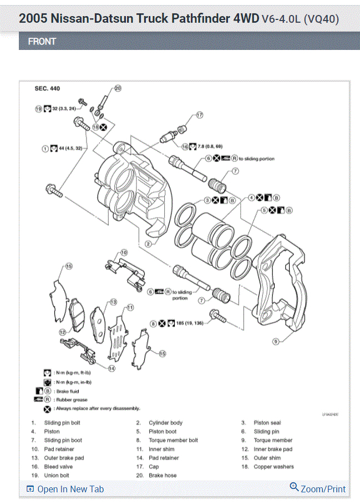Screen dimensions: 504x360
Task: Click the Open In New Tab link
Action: point(65,489)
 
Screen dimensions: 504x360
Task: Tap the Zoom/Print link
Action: point(318,488)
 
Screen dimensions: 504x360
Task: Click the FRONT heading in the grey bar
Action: point(42,42)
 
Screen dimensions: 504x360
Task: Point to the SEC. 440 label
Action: point(47,89)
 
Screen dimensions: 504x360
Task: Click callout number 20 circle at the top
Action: point(118,88)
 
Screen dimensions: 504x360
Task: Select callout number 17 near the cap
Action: point(200,115)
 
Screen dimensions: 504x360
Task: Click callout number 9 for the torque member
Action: point(275,342)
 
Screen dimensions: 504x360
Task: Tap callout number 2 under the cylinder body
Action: point(149,244)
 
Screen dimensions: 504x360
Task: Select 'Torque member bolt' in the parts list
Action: point(173,440)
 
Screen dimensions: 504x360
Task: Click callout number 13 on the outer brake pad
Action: point(113,302)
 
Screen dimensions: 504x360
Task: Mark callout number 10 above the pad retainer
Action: point(124,252)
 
